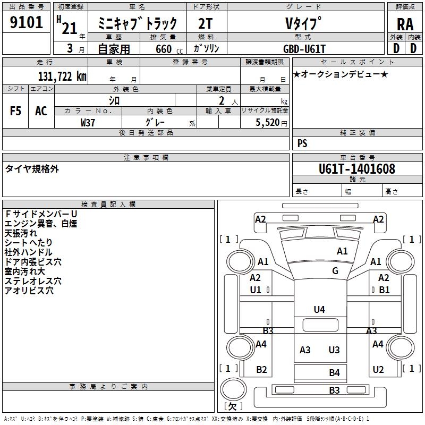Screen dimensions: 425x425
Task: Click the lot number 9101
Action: pyautogui.click(x=26, y=24)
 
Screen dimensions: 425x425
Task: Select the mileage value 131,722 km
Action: pyautogui.click(x=62, y=76)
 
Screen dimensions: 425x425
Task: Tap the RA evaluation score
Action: pyautogui.click(x=404, y=24)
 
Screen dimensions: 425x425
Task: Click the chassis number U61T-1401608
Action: pyautogui.click(x=357, y=169)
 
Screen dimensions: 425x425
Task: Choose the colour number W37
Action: pyautogui.click(x=88, y=122)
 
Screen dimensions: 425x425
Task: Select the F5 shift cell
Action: pyautogui.click(x=16, y=111)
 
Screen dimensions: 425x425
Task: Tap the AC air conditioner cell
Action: pyautogui.click(x=41, y=111)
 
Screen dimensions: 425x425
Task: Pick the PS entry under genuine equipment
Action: pyautogui.click(x=302, y=143)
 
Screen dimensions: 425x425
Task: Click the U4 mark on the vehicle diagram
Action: pyautogui.click(x=319, y=309)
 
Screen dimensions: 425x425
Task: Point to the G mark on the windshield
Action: pyautogui.click(x=335, y=271)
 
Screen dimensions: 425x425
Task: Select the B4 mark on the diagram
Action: pyautogui.click(x=334, y=373)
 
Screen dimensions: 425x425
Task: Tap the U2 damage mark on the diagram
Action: pyautogui.click(x=378, y=370)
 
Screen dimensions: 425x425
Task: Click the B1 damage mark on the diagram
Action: pyautogui.click(x=384, y=290)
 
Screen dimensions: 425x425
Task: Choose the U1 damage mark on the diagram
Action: pyautogui.click(x=256, y=290)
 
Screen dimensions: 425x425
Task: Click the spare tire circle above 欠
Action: pyautogui.click(x=232, y=390)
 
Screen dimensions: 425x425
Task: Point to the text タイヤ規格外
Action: pyautogui.click(x=32, y=169)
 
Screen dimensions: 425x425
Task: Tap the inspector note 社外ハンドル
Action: pyautogui.click(x=28, y=252)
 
